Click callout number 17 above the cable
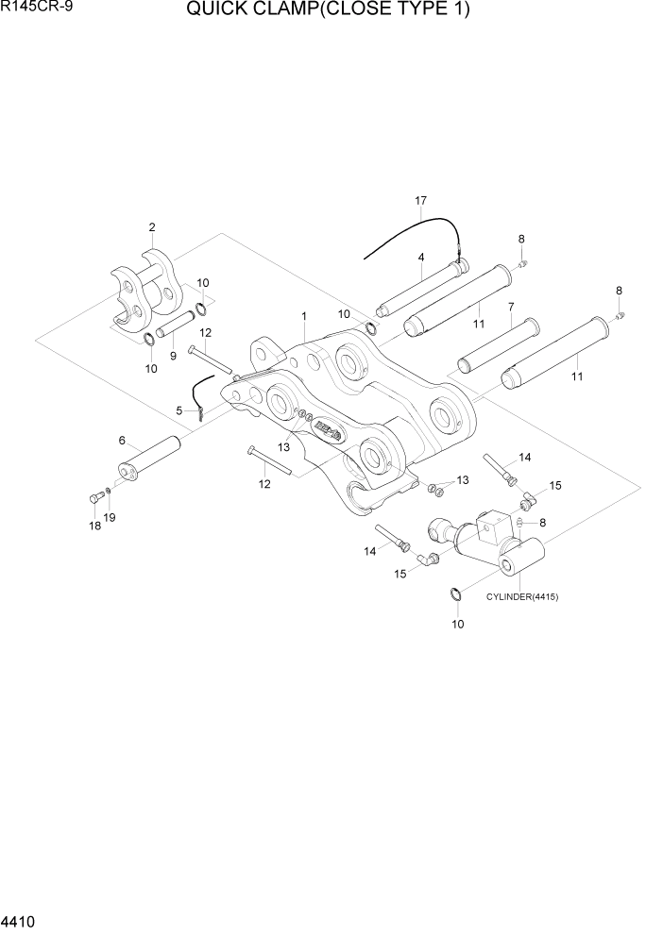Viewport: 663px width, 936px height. (420, 201)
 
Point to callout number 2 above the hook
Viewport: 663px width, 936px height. (151, 226)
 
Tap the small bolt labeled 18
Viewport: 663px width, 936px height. (94, 498)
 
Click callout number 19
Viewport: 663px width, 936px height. (110, 518)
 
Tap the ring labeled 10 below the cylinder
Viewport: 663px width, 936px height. (454, 594)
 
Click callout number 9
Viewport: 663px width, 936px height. (173, 357)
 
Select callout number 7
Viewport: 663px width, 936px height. (510, 307)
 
